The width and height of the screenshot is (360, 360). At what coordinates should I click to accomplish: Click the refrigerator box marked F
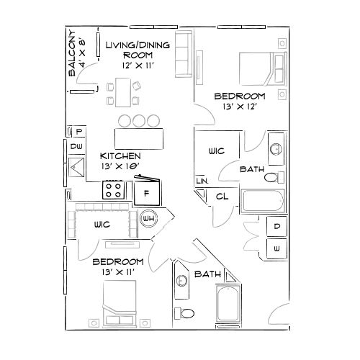click(146, 192)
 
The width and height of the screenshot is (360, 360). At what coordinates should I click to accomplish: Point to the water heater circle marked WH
click(150, 218)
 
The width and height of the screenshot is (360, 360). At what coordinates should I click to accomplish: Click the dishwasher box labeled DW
click(76, 146)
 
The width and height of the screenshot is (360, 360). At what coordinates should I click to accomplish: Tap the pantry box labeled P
click(77, 131)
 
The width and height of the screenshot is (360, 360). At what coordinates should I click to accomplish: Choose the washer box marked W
click(277, 248)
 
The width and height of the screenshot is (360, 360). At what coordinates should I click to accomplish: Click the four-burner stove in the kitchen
click(114, 190)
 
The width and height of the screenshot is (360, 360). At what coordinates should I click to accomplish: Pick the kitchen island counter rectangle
click(138, 137)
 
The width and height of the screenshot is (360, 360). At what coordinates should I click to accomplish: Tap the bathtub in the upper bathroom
click(262, 202)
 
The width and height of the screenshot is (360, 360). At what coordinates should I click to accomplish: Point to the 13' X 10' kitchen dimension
click(120, 166)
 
